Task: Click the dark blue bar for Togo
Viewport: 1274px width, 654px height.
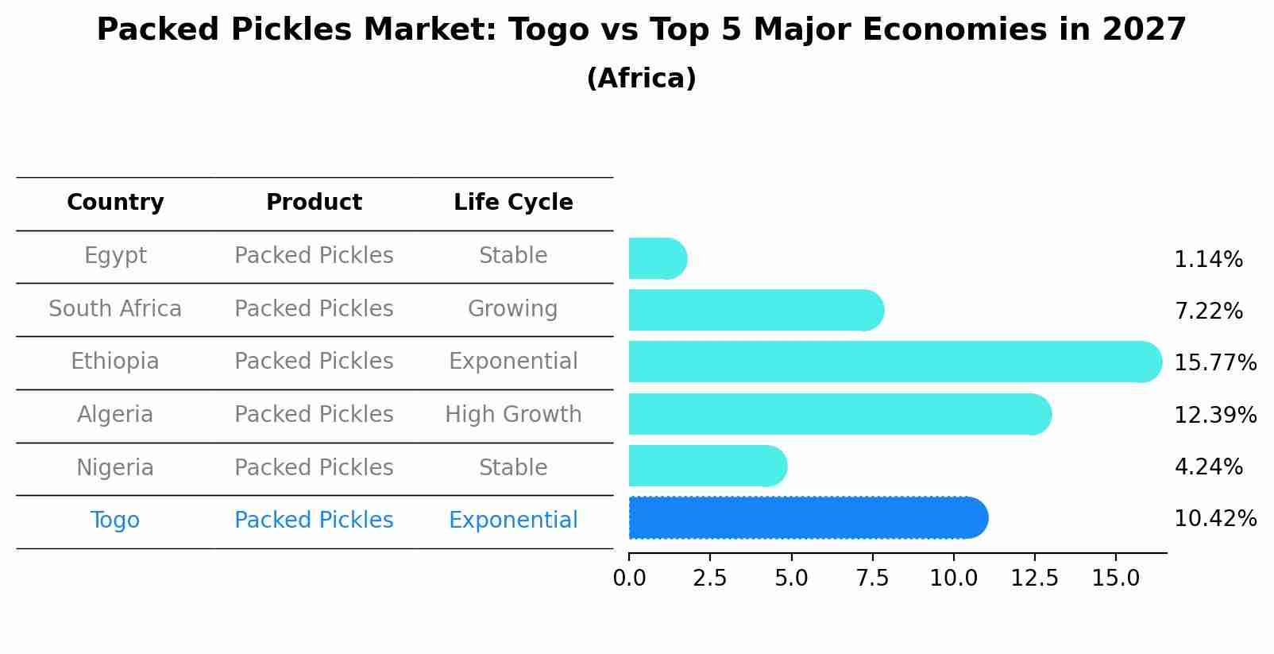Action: tap(806, 518)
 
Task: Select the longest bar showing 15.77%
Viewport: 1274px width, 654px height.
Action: tap(894, 362)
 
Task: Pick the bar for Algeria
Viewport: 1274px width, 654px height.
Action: tap(838, 414)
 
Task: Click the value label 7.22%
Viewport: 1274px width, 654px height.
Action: tap(1208, 311)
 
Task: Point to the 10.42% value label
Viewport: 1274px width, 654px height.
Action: tap(1214, 519)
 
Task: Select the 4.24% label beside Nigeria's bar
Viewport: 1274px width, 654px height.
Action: tap(1208, 466)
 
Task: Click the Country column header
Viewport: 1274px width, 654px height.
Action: tap(115, 203)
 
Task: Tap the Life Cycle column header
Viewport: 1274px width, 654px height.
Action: tap(513, 203)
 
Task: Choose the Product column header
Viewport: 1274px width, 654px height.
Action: tap(314, 203)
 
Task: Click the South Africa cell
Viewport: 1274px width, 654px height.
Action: tap(115, 308)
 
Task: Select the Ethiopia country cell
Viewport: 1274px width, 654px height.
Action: tap(115, 362)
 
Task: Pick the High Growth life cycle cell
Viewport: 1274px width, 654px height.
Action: tap(513, 414)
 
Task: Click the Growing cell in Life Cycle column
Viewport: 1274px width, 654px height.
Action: tap(513, 308)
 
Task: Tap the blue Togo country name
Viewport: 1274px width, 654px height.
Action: tap(115, 520)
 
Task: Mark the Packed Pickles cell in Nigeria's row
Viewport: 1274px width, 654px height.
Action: tap(314, 467)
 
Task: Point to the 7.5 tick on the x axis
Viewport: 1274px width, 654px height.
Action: tap(872, 578)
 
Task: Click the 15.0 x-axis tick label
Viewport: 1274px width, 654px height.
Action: tap(1115, 578)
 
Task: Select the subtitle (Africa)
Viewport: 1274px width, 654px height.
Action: tap(641, 79)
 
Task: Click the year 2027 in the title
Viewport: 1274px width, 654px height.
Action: tap(1144, 30)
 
